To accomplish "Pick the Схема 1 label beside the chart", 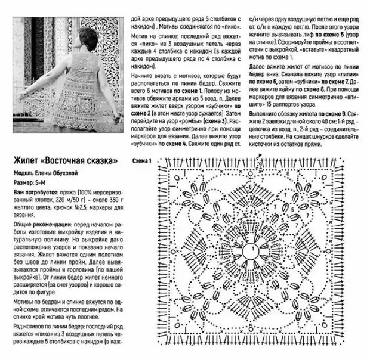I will tap(142, 161).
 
